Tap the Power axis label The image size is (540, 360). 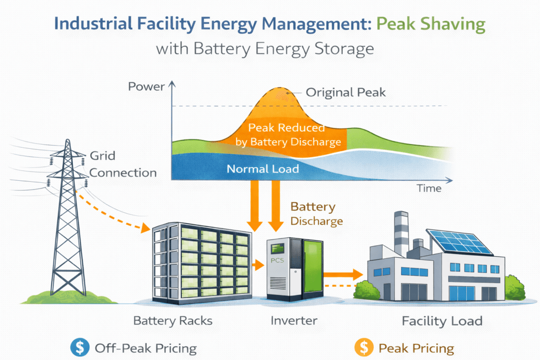(146, 86)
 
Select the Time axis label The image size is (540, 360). (428, 188)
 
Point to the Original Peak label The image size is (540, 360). (345, 93)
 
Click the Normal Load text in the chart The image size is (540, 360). (263, 169)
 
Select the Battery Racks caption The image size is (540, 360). (173, 320)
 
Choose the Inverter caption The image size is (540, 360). (294, 320)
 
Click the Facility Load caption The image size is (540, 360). (441, 320)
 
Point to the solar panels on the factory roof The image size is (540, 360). (458, 243)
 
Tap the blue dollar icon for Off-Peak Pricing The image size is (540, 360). (79, 347)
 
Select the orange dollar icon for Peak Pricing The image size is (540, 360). (363, 347)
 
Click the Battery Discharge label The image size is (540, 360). (316, 213)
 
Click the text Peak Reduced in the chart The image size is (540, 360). (286, 128)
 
